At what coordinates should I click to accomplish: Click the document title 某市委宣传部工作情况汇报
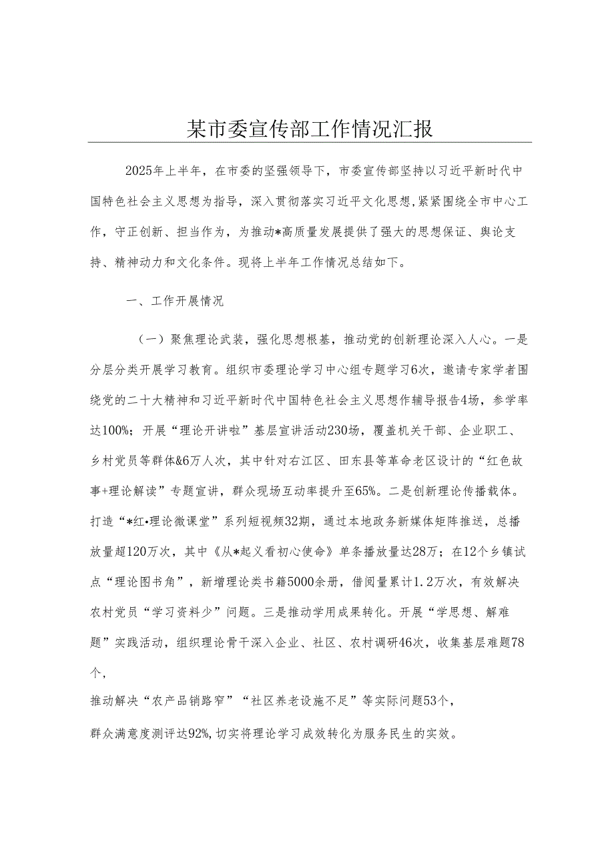310,128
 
